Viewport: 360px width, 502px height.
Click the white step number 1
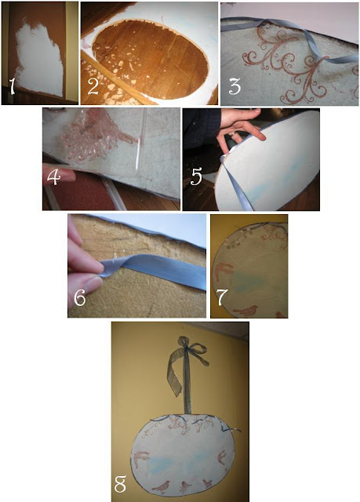12,87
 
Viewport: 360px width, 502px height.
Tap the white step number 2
93,86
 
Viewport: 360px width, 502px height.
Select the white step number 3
235,86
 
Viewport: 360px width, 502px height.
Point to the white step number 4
53,177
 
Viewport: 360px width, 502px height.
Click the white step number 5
196,177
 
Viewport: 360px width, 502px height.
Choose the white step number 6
80,298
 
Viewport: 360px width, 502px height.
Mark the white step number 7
222,298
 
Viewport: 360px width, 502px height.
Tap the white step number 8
120,484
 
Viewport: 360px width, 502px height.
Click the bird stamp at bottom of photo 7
246,311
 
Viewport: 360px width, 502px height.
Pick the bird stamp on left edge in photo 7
224,271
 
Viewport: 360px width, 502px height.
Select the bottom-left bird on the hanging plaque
161,487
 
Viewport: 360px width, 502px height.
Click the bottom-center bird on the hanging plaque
185,486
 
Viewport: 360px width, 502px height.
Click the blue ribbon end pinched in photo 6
107,268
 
